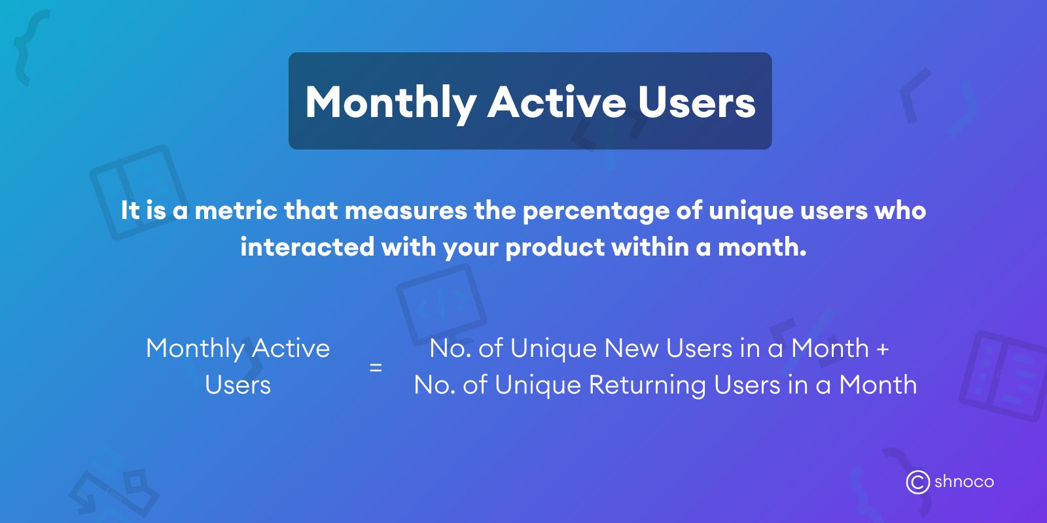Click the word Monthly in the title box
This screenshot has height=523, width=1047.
point(391,103)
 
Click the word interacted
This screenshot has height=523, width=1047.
point(307,247)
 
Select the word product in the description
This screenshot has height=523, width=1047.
point(555,248)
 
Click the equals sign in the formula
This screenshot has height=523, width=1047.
point(376,367)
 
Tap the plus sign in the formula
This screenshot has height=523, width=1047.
point(883,348)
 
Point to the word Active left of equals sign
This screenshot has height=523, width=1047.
point(291,348)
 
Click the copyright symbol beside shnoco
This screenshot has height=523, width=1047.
point(917,482)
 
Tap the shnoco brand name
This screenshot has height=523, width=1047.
point(964,482)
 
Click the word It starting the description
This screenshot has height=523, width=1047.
point(130,211)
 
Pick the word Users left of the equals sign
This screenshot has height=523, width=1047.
point(238,385)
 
